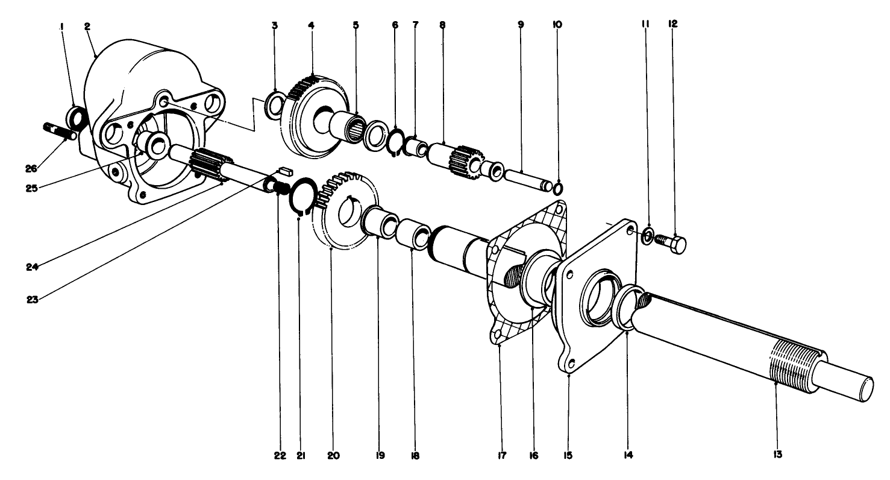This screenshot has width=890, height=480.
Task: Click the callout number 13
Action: [x=777, y=454]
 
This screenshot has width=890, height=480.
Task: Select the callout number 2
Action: [x=87, y=27]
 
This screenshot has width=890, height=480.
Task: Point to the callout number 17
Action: [x=500, y=454]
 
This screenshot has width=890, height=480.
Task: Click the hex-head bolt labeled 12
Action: [x=670, y=243]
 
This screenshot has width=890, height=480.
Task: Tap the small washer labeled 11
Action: [x=647, y=235]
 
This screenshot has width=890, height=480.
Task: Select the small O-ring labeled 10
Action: [x=559, y=189]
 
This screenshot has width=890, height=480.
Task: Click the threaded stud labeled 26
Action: [x=59, y=131]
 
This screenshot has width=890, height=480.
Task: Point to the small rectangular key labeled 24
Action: [x=284, y=171]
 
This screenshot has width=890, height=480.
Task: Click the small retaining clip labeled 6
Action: [x=395, y=143]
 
